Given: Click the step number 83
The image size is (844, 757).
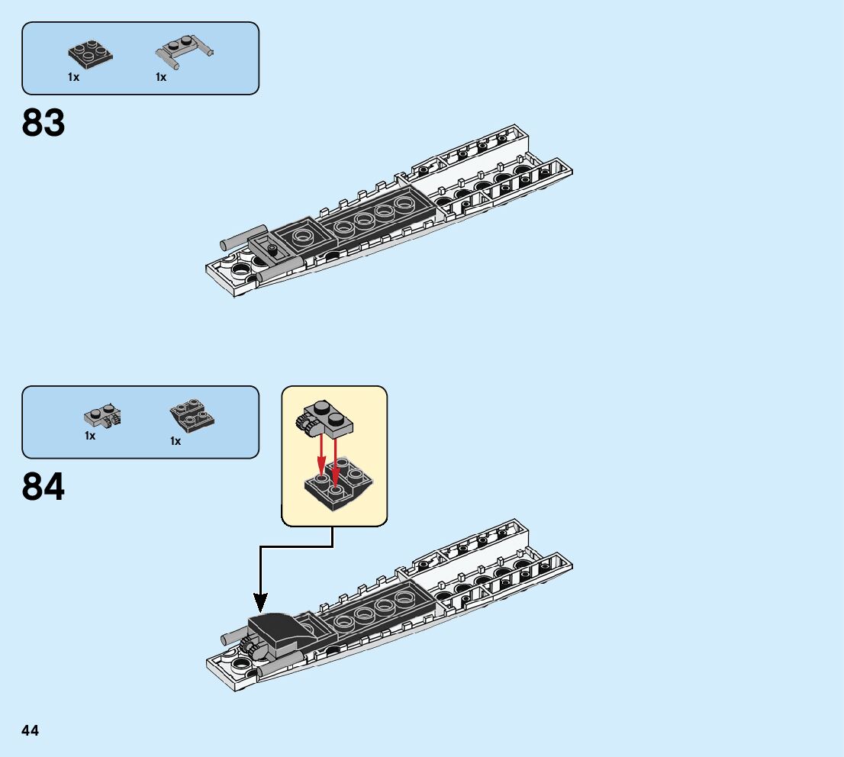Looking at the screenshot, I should pyautogui.click(x=44, y=123).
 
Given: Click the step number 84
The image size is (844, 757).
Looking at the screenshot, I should pyautogui.click(x=44, y=487).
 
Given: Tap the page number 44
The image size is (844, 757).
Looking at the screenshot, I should pyautogui.click(x=30, y=731).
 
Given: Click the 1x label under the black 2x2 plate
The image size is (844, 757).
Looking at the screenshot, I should pyautogui.click(x=73, y=77).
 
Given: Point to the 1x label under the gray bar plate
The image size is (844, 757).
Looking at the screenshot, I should pyautogui.click(x=161, y=77).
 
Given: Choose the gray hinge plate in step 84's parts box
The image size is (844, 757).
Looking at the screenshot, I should pyautogui.click(x=102, y=416).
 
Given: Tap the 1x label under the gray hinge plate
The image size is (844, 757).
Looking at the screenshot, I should pyautogui.click(x=90, y=436).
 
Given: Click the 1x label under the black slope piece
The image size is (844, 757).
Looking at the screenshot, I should pyautogui.click(x=176, y=441).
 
